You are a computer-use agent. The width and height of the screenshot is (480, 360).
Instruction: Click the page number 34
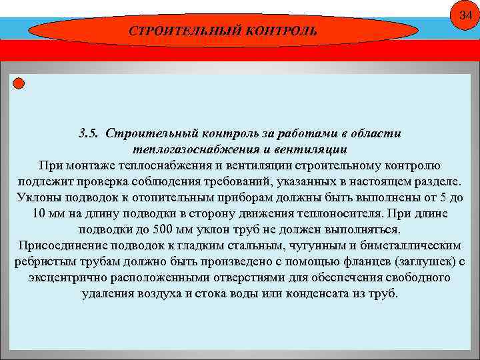465,15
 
